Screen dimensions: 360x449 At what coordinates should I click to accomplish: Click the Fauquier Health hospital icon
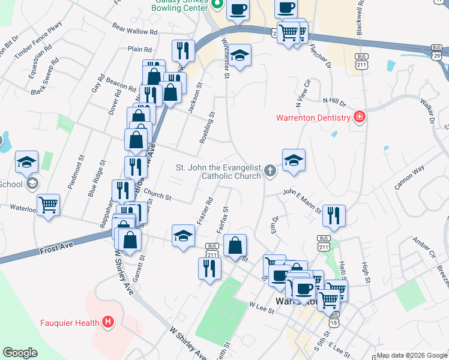tap(108, 322)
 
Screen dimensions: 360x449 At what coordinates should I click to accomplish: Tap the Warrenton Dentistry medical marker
tap(360, 116)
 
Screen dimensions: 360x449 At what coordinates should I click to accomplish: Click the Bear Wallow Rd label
tap(134, 29)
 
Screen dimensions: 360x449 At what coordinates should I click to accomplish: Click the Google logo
tap(20, 353)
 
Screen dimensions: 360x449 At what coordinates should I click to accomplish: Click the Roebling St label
tap(206, 127)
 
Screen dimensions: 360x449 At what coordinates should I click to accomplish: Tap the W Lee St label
tap(262, 307)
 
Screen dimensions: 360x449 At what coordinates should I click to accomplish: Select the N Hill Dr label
tap(334, 101)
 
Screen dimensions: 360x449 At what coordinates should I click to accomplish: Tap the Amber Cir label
tap(423, 249)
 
